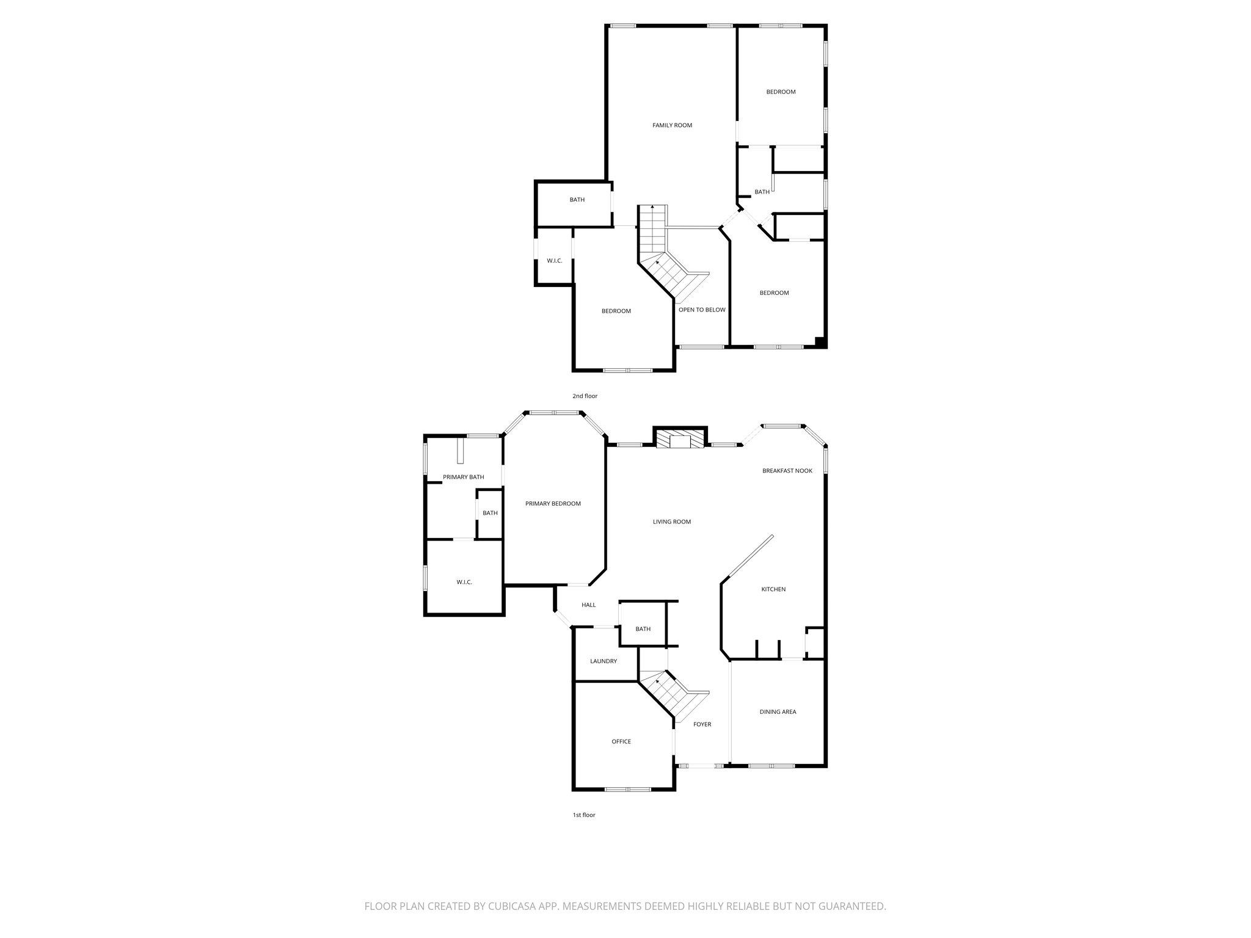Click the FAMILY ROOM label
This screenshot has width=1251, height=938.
(x=672, y=125)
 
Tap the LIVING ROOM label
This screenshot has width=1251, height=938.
(x=671, y=522)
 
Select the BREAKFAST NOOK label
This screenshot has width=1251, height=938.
(x=787, y=471)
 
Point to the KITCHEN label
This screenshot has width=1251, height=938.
(x=773, y=589)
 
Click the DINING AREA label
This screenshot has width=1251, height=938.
(x=778, y=711)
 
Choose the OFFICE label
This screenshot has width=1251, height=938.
(x=621, y=741)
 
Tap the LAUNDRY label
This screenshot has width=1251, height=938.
(x=603, y=661)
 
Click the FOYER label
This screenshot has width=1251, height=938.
(x=702, y=724)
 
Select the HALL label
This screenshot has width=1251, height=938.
(x=588, y=605)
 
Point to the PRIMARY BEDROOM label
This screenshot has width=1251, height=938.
(x=553, y=504)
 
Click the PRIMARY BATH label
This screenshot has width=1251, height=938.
(x=463, y=477)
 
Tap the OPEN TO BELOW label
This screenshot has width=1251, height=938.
(x=702, y=310)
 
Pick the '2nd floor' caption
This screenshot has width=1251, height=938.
(x=585, y=396)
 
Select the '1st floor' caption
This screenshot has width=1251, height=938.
(x=583, y=815)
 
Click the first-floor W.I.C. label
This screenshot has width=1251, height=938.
(x=464, y=583)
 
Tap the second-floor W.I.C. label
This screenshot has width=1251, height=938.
(x=554, y=261)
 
